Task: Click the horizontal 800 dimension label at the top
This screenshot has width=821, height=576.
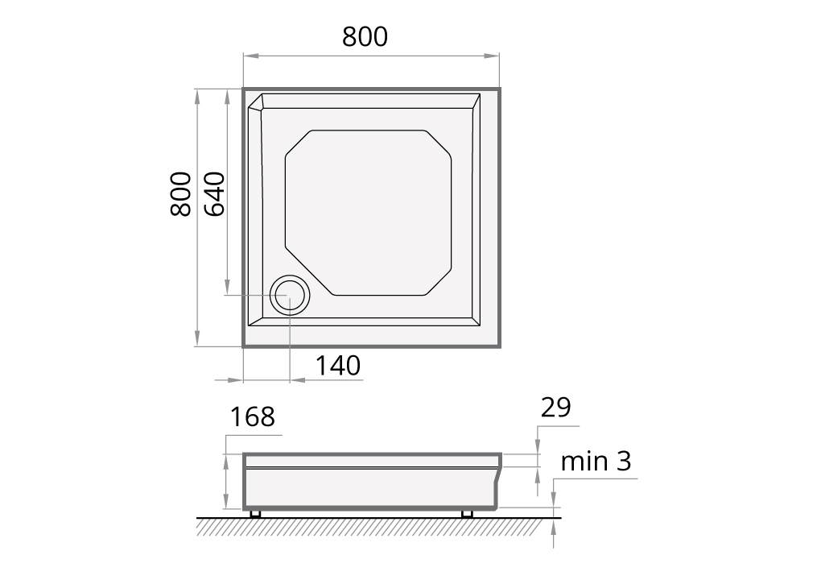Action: (365, 37)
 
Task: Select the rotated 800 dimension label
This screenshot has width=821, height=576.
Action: (181, 193)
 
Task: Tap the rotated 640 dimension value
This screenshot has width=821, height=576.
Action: (214, 193)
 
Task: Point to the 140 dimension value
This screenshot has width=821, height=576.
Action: (337, 366)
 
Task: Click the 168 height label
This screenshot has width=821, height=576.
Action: (252, 417)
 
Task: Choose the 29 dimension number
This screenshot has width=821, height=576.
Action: (555, 408)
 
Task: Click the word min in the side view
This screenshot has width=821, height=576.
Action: (585, 462)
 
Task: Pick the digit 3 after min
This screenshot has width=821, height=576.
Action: (623, 462)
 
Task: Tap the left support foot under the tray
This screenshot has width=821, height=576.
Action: (255, 513)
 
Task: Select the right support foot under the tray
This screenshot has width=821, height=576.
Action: (466, 513)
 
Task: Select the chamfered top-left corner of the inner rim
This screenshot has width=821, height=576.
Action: (256, 102)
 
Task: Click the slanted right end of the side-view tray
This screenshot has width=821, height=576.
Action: (500, 483)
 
